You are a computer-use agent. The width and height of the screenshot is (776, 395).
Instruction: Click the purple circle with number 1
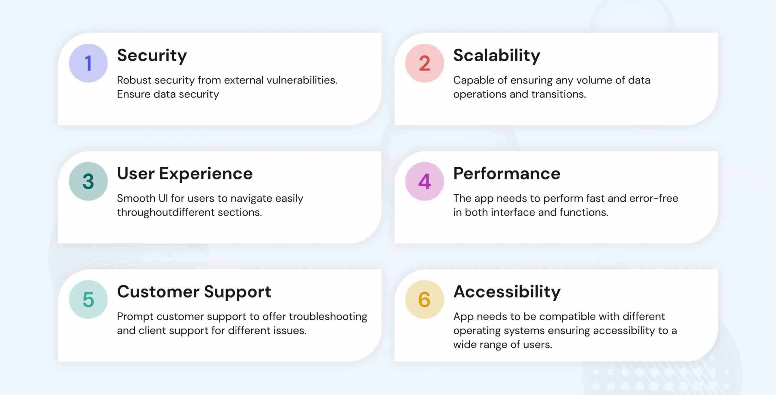coord(88,63)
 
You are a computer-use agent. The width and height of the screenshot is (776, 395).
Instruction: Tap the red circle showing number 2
coord(424,63)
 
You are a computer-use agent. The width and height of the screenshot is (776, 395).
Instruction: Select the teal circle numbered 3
coord(88,181)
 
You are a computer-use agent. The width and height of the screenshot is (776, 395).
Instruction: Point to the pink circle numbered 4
coord(424,181)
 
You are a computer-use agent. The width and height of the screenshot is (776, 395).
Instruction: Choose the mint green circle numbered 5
coord(88,299)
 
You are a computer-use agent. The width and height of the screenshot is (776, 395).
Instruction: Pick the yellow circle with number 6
coord(424,299)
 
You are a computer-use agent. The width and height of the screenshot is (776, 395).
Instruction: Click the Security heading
coord(152,56)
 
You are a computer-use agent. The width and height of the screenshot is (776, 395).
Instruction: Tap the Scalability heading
coord(497,56)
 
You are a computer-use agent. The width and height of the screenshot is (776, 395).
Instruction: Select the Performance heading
coord(507,174)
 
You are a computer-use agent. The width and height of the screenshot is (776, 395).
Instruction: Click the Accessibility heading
coord(507,292)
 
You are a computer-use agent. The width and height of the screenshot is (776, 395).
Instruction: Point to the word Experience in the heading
coord(206,174)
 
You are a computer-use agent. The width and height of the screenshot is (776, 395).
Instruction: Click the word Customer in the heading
coord(158,292)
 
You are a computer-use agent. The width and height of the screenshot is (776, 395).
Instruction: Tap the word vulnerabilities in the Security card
coord(302,80)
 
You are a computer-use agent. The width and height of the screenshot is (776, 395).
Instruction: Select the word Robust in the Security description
coord(134,80)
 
